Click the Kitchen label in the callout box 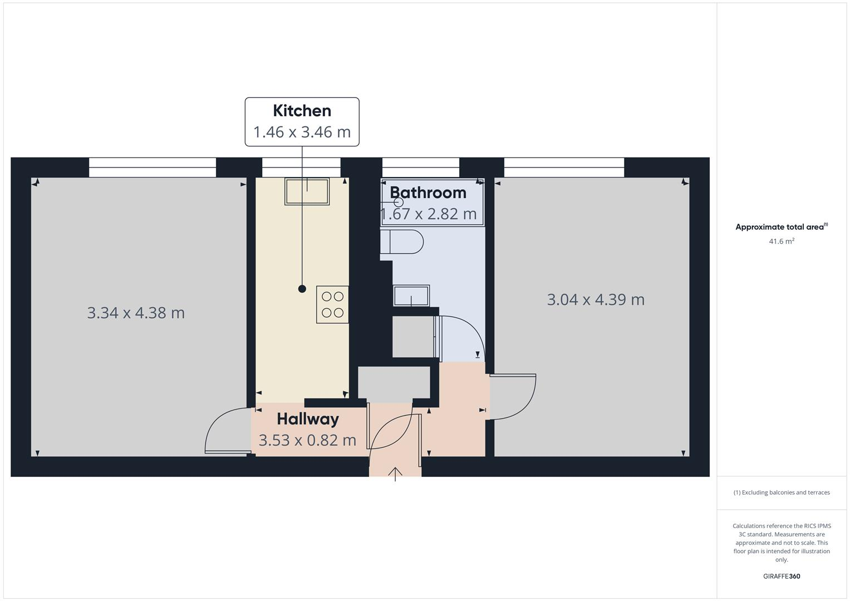tap(302, 111)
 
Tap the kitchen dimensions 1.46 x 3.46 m tap(302, 132)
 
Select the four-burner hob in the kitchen tap(332, 304)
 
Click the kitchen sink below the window tap(307, 191)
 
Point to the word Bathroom tap(428, 193)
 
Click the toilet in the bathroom tap(402, 242)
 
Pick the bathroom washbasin tap(411, 295)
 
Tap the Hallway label tap(307, 419)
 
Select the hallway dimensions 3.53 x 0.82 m tap(307, 440)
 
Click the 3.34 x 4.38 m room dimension tap(136, 313)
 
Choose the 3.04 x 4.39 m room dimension tap(596, 299)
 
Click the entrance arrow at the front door tap(395, 474)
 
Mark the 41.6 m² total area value tap(781, 242)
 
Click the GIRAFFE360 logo tap(781, 577)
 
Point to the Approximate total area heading tap(781, 227)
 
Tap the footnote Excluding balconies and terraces tap(781, 492)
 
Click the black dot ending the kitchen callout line tap(302, 289)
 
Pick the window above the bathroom tap(420, 168)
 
